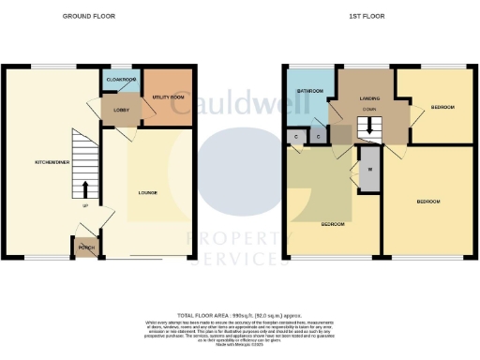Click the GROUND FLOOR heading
(83, 17)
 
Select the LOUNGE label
(148, 194)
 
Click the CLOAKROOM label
(121, 80)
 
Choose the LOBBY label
(121, 111)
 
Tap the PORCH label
(86, 247)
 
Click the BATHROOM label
(309, 90)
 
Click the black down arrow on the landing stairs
(367, 119)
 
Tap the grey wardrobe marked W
(369, 170)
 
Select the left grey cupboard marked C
(297, 137)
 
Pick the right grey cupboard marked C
(319, 137)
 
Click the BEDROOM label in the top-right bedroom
(442, 108)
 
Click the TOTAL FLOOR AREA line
(241, 316)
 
